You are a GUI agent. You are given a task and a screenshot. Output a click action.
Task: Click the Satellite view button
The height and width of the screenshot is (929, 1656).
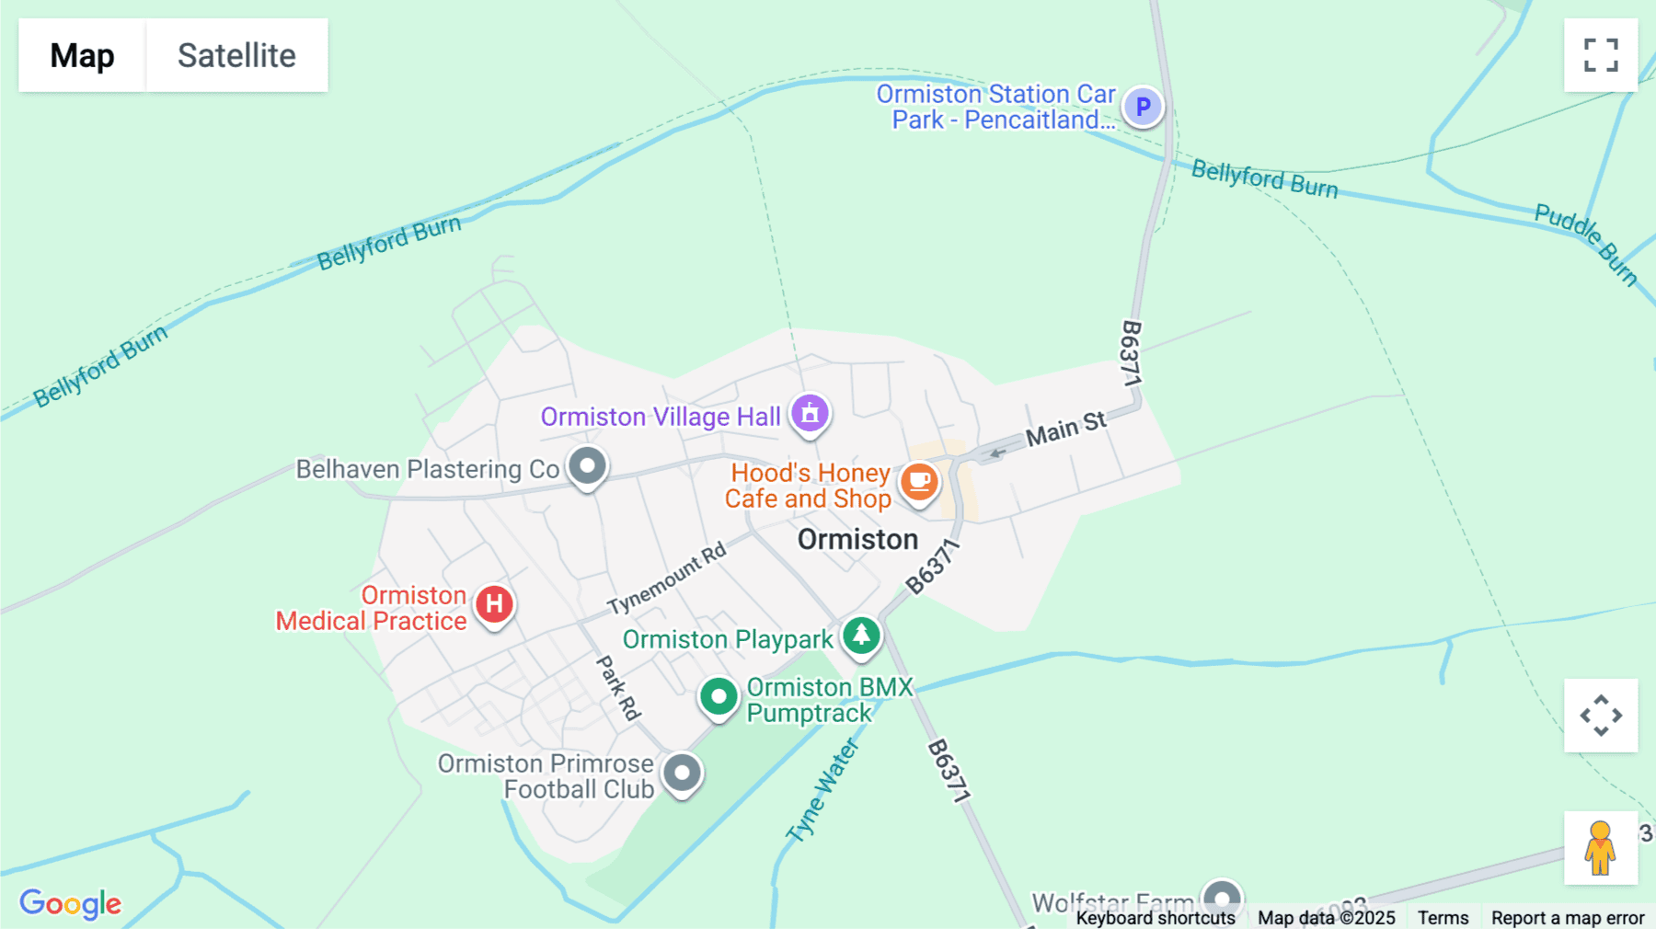[x=236, y=55]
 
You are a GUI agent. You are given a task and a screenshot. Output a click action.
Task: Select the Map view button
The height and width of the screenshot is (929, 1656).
[x=82, y=55]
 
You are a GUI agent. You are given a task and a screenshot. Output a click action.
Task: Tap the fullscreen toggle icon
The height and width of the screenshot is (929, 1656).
[x=1601, y=55]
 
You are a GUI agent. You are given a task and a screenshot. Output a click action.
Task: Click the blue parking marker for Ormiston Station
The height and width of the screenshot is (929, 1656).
[x=1143, y=108]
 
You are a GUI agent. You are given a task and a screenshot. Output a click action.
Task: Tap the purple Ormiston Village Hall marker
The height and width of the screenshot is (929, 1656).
[x=810, y=414]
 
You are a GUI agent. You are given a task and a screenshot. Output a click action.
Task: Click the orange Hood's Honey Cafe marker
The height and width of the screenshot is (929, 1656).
[x=918, y=481]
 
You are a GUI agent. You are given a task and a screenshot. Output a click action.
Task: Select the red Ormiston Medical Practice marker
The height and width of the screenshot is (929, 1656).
[x=494, y=605]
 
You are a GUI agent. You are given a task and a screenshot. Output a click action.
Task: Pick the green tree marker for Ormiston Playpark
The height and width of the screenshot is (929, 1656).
[x=861, y=636]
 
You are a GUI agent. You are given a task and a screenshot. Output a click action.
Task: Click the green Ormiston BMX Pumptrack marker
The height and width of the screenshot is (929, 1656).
[x=719, y=697]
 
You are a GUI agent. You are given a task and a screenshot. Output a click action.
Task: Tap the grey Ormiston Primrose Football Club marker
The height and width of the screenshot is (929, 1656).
[x=682, y=774]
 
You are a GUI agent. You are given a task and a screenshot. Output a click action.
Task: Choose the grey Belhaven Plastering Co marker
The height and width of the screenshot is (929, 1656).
[x=587, y=466]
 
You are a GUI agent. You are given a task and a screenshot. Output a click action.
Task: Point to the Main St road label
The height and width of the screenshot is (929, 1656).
[x=1066, y=430]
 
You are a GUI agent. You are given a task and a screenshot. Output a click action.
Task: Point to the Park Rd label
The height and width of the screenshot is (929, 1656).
[x=617, y=687]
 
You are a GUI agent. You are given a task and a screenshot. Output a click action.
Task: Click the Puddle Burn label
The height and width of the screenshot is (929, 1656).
[x=1586, y=245]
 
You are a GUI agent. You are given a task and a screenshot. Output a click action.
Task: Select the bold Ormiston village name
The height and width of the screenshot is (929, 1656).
[x=857, y=540]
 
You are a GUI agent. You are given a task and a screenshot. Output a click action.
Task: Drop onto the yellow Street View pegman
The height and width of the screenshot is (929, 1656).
[x=1600, y=848]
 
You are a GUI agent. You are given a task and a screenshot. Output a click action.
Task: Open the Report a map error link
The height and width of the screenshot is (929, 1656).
[x=1568, y=918]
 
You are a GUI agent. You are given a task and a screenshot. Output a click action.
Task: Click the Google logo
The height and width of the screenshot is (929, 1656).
[x=71, y=903]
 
